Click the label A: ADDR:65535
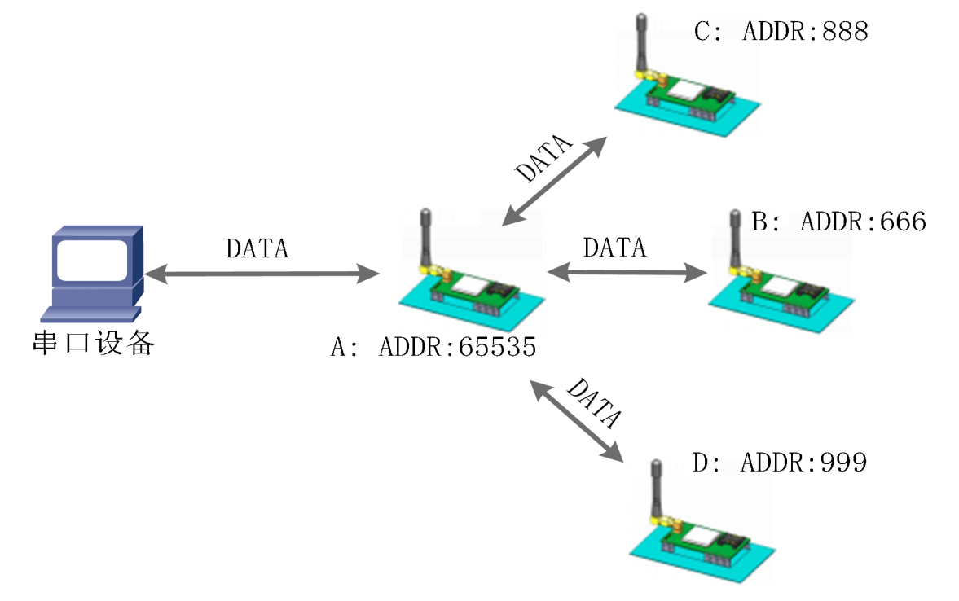coord(433,348)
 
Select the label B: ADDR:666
coord(838,221)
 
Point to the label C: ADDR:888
coord(781,32)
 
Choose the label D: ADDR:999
coord(779,463)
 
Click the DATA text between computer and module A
coord(257,248)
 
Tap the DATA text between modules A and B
coord(615,246)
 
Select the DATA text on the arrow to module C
coord(543,160)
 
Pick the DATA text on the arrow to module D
coord(594,402)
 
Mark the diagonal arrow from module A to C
coord(555,180)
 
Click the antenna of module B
coord(734,240)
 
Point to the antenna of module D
coord(653,489)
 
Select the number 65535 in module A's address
coord(497,348)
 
